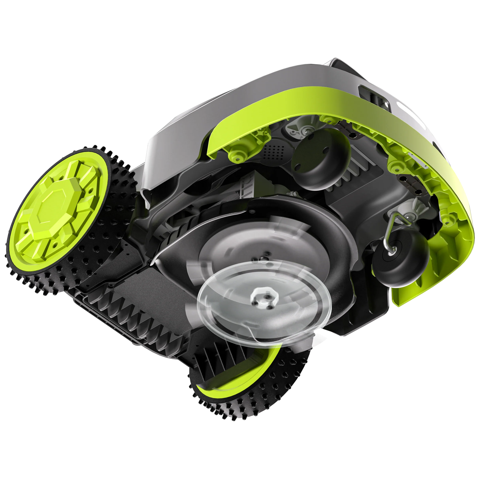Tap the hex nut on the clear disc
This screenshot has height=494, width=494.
click(x=263, y=298)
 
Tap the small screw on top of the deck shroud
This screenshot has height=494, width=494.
click(x=253, y=212)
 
